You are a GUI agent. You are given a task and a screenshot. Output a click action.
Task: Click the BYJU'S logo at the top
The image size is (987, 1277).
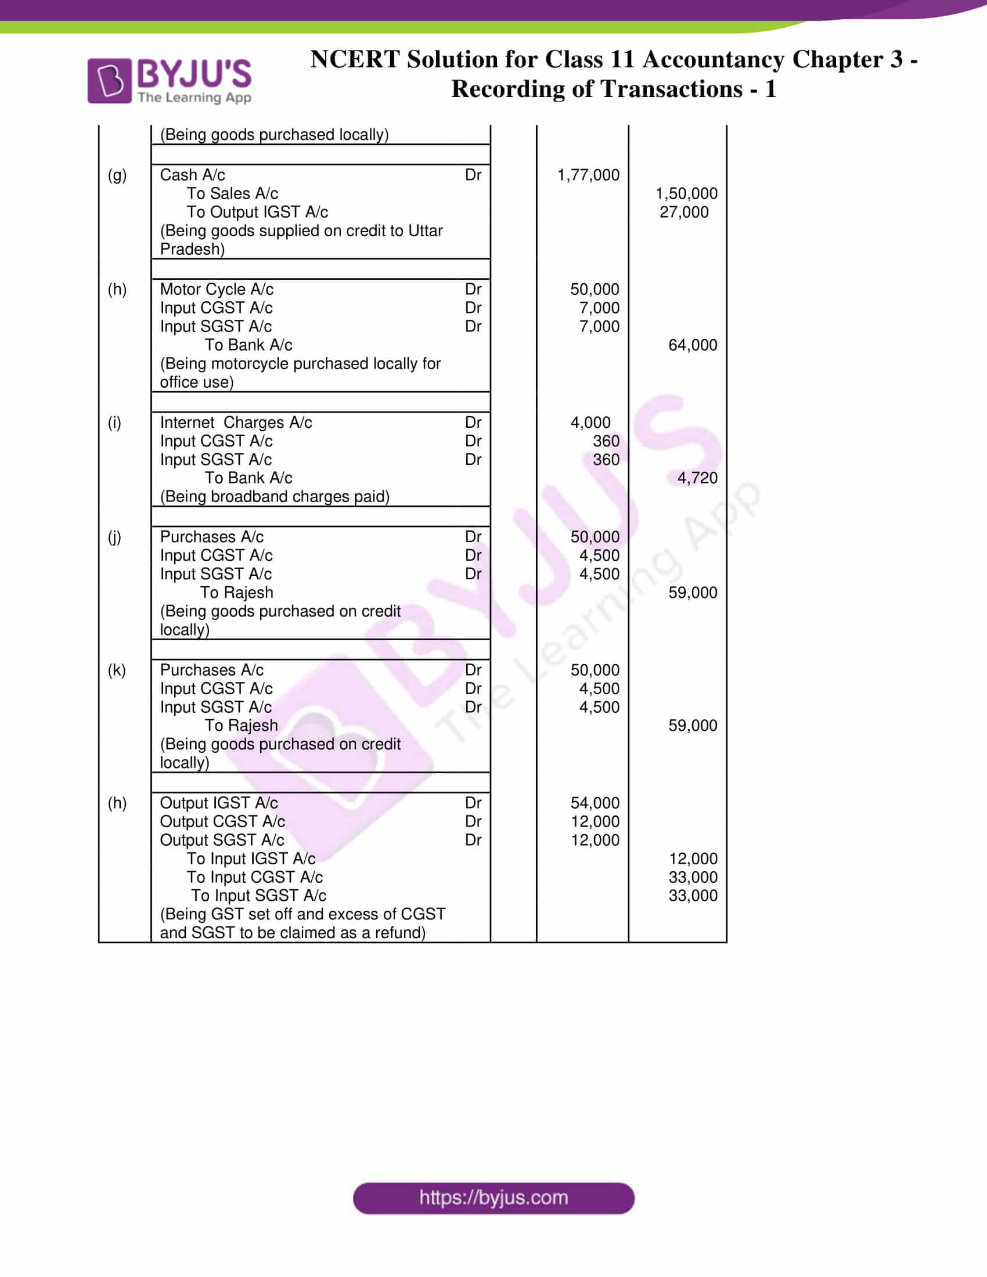pyautogui.click(x=169, y=81)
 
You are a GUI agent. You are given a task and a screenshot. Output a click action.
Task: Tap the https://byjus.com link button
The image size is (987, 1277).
pyautogui.click(x=493, y=1198)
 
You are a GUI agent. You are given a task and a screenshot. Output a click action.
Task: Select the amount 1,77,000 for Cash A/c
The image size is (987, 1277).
pyautogui.click(x=588, y=175)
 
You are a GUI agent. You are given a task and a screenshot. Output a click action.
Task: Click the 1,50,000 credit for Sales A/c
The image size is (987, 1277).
pyautogui.click(x=686, y=193)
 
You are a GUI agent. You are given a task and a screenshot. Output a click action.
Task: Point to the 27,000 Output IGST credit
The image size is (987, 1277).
pyautogui.click(x=683, y=212)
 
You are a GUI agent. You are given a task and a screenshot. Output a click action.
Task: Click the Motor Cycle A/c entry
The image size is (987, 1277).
pyautogui.click(x=217, y=290)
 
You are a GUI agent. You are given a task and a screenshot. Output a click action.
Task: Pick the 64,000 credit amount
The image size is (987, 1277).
pyautogui.click(x=692, y=345)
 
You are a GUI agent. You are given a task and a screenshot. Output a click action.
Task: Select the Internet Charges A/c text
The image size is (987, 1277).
pyautogui.click(x=236, y=422)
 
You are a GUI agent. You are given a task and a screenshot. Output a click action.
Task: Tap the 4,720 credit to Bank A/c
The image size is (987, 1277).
pyautogui.click(x=697, y=478)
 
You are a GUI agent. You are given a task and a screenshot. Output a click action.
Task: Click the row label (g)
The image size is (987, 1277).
pyautogui.click(x=117, y=175)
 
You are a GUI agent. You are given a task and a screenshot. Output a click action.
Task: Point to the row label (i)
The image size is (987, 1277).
pyautogui.click(x=114, y=422)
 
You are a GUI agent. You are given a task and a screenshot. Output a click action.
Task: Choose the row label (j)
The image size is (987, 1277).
pyautogui.click(x=114, y=537)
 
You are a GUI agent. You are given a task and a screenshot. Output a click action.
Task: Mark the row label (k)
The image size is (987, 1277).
pyautogui.click(x=116, y=669)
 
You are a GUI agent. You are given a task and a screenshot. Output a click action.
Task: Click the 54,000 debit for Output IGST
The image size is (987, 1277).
pyautogui.click(x=595, y=803)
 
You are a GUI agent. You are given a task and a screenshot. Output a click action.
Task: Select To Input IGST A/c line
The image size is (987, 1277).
pyautogui.click(x=251, y=858)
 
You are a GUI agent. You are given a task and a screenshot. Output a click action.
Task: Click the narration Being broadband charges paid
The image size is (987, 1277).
pyautogui.click(x=274, y=496)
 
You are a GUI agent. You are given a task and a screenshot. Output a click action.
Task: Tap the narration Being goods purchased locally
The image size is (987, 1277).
pyautogui.click(x=273, y=135)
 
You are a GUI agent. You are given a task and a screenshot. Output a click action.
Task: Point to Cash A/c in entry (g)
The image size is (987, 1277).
pyautogui.click(x=192, y=175)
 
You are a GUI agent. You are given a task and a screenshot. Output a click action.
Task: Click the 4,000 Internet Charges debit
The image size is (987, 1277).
pyautogui.click(x=590, y=422)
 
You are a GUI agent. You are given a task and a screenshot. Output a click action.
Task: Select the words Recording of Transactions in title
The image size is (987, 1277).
pyautogui.click(x=596, y=89)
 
